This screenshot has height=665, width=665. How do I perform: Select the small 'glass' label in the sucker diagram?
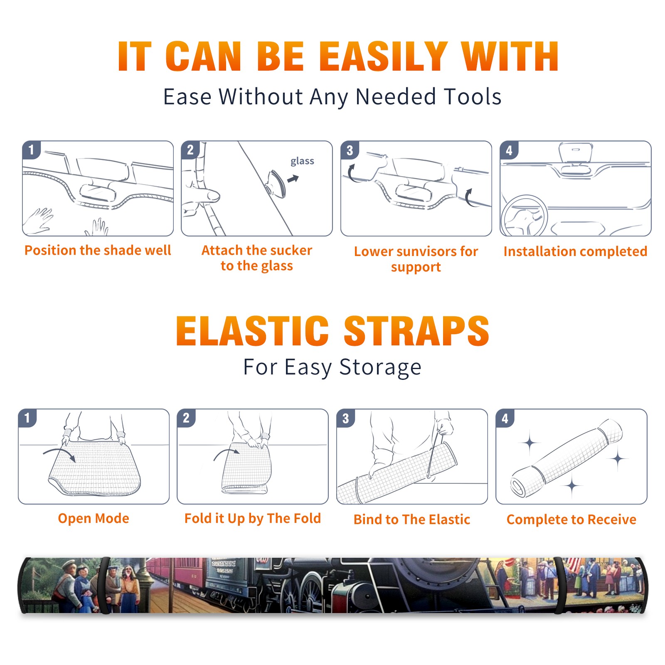coord(302,161)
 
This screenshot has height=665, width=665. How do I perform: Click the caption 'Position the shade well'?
coord(98,250)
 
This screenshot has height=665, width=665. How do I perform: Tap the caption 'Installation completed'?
coord(575,251)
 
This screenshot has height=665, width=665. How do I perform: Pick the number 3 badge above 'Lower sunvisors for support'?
coord(350,150)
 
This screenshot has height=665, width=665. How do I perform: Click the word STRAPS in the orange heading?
coord(416,331)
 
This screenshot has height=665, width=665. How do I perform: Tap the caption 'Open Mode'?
coord(94,518)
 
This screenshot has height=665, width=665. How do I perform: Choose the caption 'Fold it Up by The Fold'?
coord(253,518)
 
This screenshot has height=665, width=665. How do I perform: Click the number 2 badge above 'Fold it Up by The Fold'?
coord(186,418)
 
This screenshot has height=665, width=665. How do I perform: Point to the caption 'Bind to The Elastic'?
coord(412,520)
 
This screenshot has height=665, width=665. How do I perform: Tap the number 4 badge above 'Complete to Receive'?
coord(505,418)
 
